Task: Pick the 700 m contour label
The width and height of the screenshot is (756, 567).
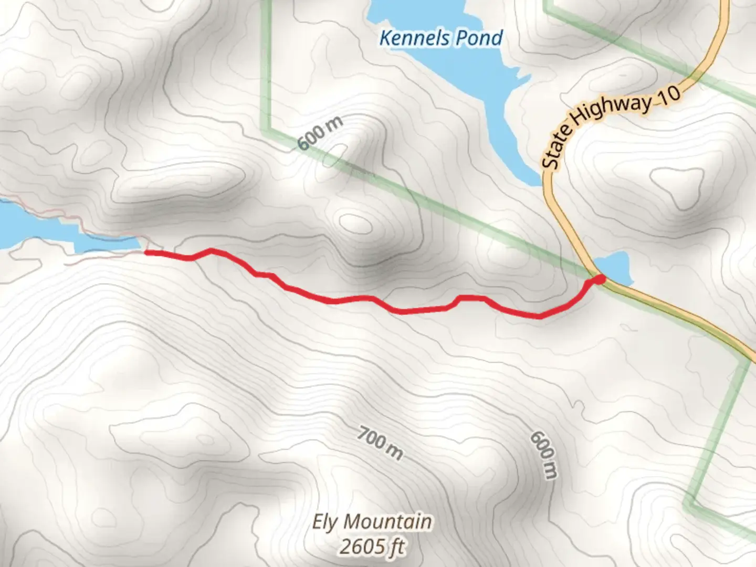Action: tap(380, 442)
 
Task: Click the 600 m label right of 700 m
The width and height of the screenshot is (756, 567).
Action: tap(543, 455)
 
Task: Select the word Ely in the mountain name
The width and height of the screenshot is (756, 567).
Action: tap(325, 522)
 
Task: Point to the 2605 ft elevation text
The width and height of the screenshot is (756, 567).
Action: tap(372, 547)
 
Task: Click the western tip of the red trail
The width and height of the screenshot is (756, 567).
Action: tap(147, 253)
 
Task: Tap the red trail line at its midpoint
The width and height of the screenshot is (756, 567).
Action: tap(367, 299)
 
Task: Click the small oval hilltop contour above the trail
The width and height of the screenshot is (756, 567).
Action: tap(355, 223)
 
